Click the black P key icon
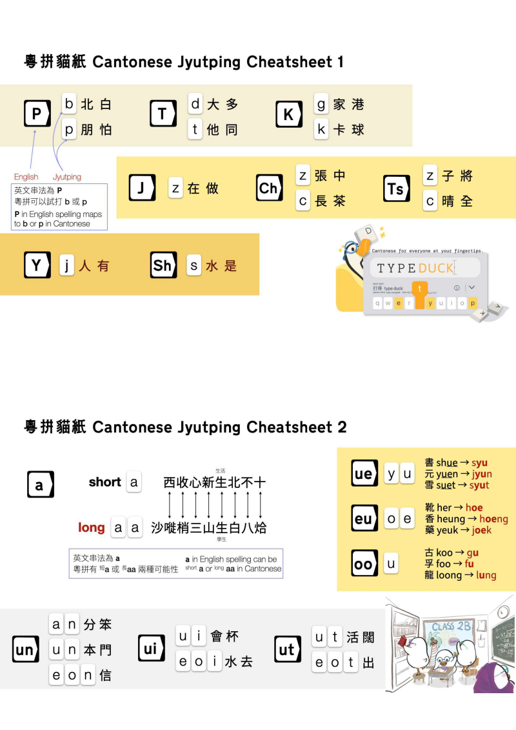pos(37,115)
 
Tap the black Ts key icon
pos(395,188)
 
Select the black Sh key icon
pos(163,265)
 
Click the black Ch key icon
pos(268,188)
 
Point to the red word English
pos(26,177)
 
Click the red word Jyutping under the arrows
pos(67,177)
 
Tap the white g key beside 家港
pos(321,103)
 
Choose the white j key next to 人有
pos(67,265)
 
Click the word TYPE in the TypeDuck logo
pos(397,268)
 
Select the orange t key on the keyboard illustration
pos(421,290)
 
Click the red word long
pos(91,528)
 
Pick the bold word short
pos(105,482)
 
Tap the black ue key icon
pos(364,474)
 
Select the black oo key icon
pos(364,564)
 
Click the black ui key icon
pos(150,649)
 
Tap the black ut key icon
pos(286,649)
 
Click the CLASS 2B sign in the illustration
pos(451,626)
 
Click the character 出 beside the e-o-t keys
pos(368,663)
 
